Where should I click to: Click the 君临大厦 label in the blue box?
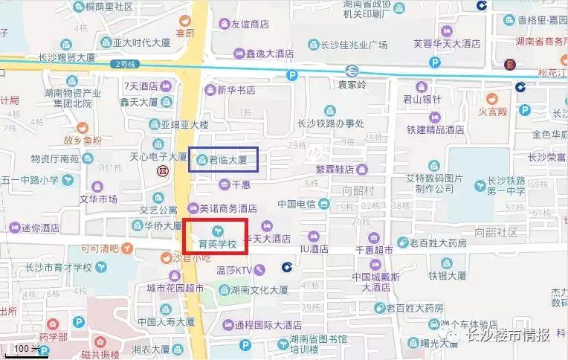(227, 158)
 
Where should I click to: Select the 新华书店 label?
(236, 90)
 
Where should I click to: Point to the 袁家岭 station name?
(352, 86)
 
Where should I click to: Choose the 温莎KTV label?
(234, 271)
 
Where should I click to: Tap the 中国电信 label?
(297, 204)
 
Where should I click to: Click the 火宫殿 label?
(492, 112)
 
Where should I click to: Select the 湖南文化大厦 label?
(259, 290)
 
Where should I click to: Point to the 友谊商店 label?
(249, 24)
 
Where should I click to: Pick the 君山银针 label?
(422, 99)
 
